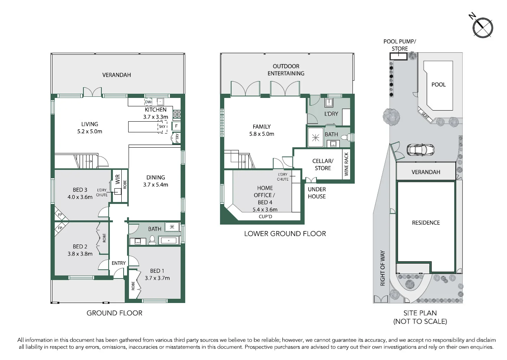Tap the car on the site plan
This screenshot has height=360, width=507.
421,150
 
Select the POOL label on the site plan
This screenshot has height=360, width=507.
439,85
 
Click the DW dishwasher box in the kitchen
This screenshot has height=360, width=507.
148,102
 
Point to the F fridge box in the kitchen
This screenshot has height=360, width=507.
176,126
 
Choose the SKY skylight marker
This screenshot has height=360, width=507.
162,127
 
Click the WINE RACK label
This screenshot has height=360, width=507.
346,164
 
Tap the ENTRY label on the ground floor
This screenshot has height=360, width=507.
119,263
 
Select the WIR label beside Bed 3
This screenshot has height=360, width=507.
118,179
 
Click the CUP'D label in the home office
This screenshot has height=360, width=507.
265,217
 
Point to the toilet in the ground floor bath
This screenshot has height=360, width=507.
152,240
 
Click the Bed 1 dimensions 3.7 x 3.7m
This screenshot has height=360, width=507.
157,278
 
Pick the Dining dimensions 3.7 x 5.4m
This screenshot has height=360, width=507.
155,185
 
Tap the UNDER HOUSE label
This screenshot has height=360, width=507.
317,193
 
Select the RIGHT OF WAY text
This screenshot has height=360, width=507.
383,268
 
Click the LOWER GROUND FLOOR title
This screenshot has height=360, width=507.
285,234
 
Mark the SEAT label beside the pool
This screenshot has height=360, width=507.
425,116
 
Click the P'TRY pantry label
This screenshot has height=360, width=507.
177,138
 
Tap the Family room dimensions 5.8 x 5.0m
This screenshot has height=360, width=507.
262,134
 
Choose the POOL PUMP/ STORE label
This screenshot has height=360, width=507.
400,45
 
